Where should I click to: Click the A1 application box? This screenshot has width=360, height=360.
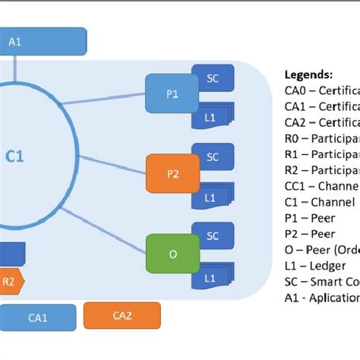point(42,42)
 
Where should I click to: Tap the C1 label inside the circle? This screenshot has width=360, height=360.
point(16,156)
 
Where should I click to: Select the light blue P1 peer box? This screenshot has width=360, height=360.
point(170,94)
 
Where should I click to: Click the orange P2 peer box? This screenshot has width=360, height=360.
point(172,172)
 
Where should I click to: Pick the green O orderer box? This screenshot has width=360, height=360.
point(172,254)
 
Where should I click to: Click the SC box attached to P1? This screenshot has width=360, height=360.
point(213,77)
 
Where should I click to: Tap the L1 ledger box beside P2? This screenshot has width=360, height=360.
point(212,196)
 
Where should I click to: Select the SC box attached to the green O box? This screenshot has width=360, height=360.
point(213,236)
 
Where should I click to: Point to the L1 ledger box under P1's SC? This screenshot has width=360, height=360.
point(212,116)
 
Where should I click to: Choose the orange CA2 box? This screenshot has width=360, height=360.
point(122,315)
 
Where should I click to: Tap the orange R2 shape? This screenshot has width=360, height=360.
point(11,280)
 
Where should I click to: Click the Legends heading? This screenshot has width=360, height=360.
point(308,75)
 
